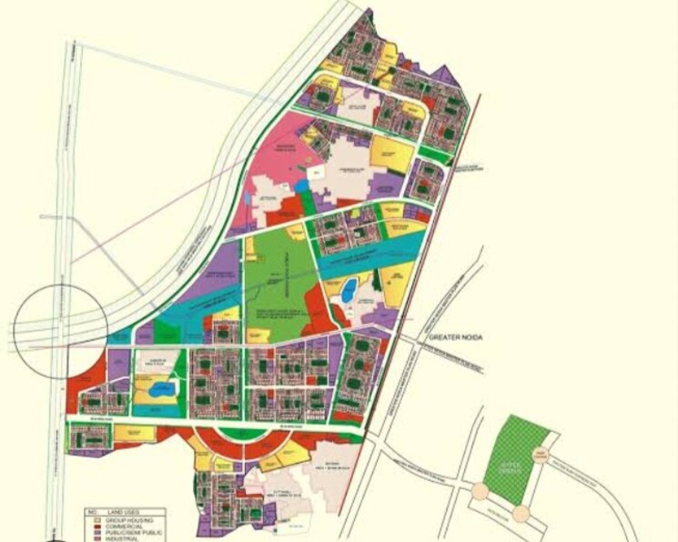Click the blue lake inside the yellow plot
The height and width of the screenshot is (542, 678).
click(160, 391)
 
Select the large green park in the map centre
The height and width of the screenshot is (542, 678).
click(278, 273)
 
